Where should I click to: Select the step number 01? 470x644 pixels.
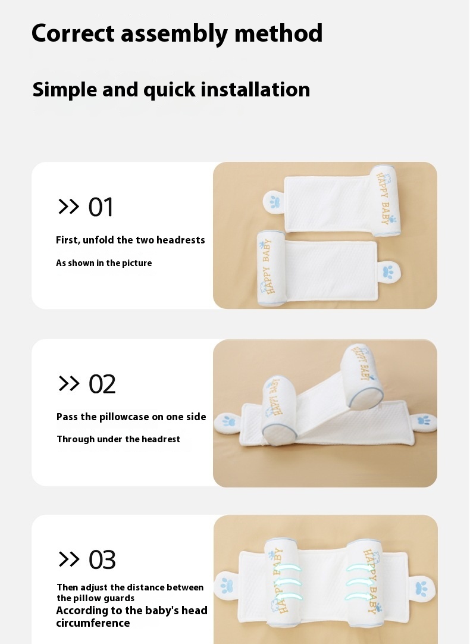pyautogui.click(x=101, y=207)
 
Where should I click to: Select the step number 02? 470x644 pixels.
pyautogui.click(x=102, y=384)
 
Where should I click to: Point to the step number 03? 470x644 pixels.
pyautogui.click(x=102, y=560)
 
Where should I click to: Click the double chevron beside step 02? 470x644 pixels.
pyautogui.click(x=68, y=383)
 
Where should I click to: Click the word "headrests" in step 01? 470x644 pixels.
pyautogui.click(x=181, y=240)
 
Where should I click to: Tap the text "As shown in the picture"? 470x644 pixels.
pyautogui.click(x=104, y=263)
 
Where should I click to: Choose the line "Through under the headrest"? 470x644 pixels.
pyautogui.click(x=118, y=439)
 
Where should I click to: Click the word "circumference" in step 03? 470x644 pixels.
pyautogui.click(x=93, y=623)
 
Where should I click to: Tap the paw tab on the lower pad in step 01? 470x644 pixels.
pyautogui.click(x=388, y=272)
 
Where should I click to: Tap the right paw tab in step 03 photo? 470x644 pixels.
pyautogui.click(x=421, y=589)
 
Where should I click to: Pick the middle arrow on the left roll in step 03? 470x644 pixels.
pyautogui.click(x=287, y=583)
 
